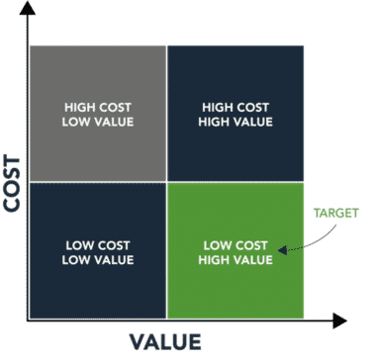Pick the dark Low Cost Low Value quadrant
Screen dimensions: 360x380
click(98, 287)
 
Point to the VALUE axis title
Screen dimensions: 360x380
click(165, 343)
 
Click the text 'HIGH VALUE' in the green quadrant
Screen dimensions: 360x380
click(237, 260)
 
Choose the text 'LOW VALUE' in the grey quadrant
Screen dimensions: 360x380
click(98, 122)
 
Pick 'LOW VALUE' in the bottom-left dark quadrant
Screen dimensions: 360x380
click(98, 260)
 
